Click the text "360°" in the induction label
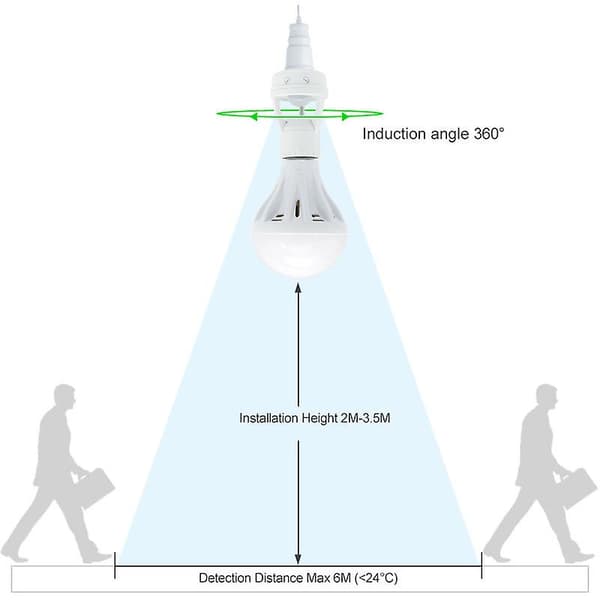click(489, 134)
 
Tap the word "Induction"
click(394, 134)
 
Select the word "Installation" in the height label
click(269, 418)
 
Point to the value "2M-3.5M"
click(365, 418)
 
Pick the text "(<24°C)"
click(376, 578)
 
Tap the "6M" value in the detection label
click(342, 577)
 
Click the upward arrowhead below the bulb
click(298, 288)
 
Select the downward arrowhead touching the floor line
click(298, 559)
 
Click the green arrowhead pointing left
click(253, 117)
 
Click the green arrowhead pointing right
click(345, 117)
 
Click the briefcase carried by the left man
click(95, 488)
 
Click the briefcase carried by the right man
click(577, 488)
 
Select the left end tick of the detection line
click(115, 565)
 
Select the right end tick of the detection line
click(481, 565)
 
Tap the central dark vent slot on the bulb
click(296, 210)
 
